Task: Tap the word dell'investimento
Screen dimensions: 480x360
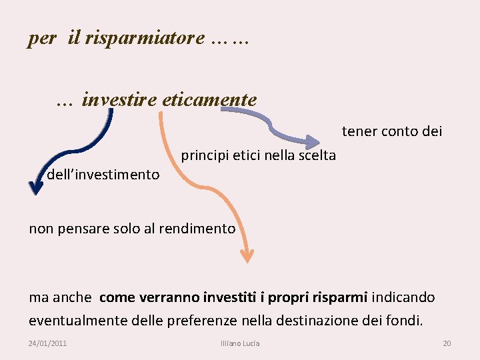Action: click(x=103, y=175)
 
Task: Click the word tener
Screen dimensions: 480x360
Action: click(x=359, y=131)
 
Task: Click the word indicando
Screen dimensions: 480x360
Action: click(x=403, y=297)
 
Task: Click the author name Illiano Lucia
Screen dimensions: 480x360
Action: click(x=240, y=343)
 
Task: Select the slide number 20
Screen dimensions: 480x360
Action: click(x=447, y=343)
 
